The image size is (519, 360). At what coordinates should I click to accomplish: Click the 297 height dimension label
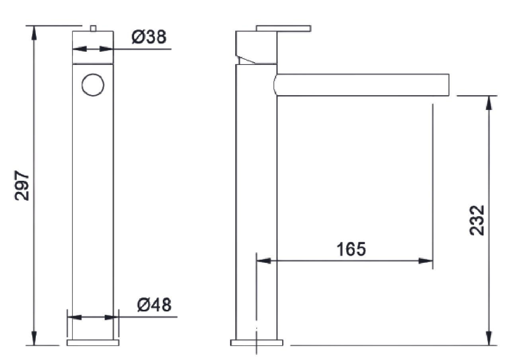pos(21,186)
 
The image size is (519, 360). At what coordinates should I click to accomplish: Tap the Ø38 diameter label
pos(149,37)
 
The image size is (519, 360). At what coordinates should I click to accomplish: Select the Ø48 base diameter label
pos(154,305)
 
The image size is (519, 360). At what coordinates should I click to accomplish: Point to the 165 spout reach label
pos(351,249)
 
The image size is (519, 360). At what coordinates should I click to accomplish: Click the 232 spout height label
pos(477,221)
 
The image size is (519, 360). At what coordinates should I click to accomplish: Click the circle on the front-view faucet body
pos(93,85)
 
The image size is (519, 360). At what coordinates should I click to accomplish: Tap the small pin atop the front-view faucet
pos(93,28)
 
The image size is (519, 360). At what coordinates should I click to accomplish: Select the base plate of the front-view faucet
pos(93,342)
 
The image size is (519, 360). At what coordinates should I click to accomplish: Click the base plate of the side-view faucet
pos(256,342)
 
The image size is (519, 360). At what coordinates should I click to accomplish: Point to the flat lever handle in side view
pos(283,28)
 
